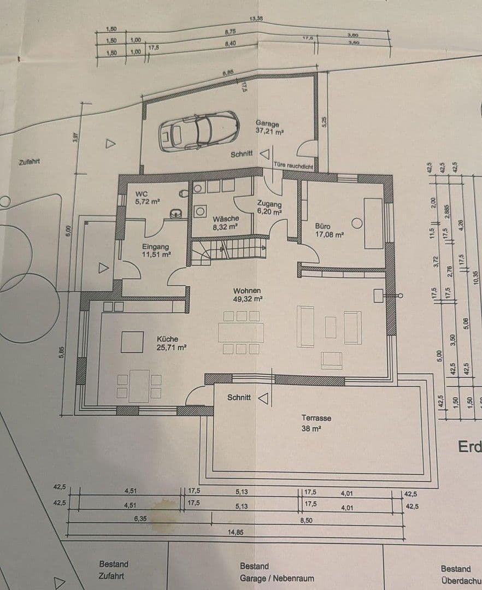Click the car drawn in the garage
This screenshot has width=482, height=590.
point(198,131)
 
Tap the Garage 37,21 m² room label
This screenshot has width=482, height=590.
point(269,127)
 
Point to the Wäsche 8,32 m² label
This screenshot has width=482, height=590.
point(225,222)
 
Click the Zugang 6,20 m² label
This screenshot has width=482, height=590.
point(269,207)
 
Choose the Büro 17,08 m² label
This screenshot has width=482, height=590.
point(329,230)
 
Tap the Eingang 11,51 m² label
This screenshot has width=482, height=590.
point(156,250)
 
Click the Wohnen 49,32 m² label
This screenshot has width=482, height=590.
point(247,295)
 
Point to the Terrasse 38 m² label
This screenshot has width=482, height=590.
point(316,423)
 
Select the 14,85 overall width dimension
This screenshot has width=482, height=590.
point(236,532)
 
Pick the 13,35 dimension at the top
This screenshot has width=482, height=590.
point(256,19)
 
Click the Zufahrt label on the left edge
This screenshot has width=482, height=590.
point(30,162)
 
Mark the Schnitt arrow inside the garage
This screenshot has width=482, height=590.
point(264,155)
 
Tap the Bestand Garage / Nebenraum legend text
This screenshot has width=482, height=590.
point(277,573)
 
